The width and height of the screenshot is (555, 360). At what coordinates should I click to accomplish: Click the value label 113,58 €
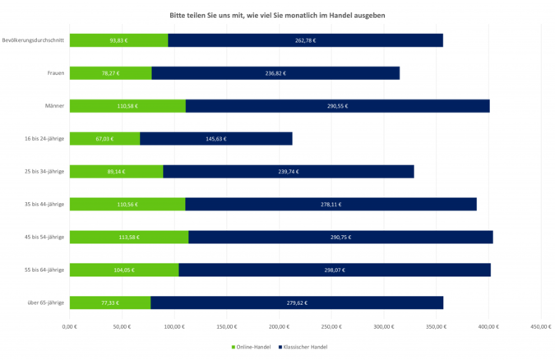(x=128, y=237)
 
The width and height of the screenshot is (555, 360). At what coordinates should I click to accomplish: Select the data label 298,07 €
(x=334, y=270)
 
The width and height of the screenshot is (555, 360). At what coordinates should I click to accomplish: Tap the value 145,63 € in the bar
(x=216, y=139)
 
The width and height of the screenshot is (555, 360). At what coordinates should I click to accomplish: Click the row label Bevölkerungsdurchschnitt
(x=33, y=40)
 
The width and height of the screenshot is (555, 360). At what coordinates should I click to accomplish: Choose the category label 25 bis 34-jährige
(x=45, y=171)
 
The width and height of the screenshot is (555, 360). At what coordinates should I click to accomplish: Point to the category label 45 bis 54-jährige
(x=45, y=237)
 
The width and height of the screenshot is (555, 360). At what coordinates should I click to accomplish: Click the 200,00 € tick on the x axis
(x=279, y=327)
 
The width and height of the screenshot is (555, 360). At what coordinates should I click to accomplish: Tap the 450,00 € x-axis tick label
(x=541, y=327)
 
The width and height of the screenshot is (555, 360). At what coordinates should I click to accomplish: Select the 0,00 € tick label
(x=70, y=327)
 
